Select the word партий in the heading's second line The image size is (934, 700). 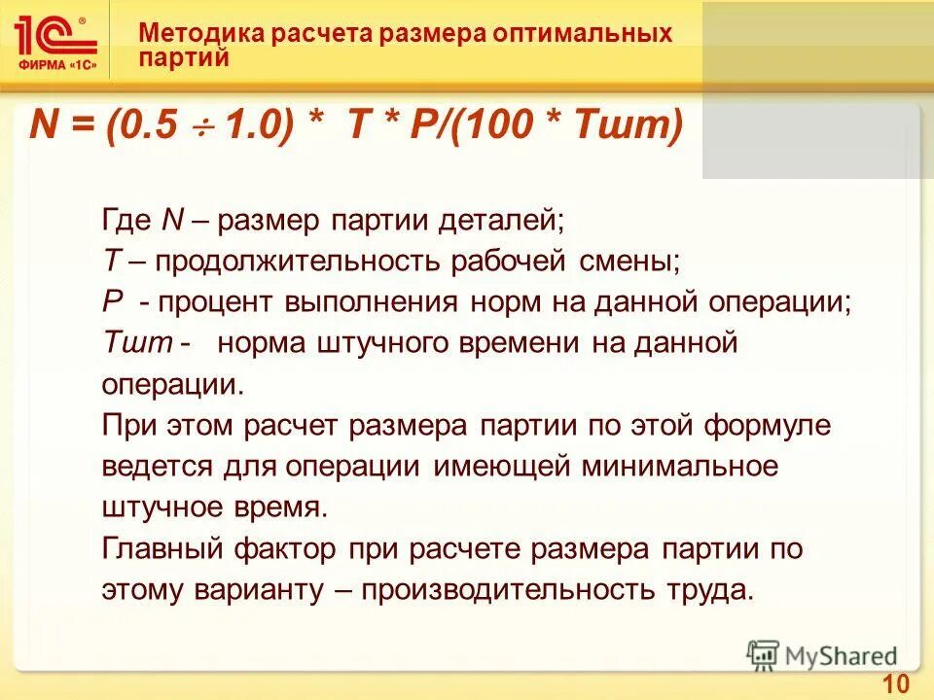pyautogui.click(x=184, y=57)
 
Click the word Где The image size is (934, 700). pyautogui.click(x=126, y=220)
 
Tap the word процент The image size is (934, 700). pyautogui.click(x=215, y=302)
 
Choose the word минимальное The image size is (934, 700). pyautogui.click(x=680, y=467)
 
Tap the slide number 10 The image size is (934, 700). pyautogui.click(x=896, y=682)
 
